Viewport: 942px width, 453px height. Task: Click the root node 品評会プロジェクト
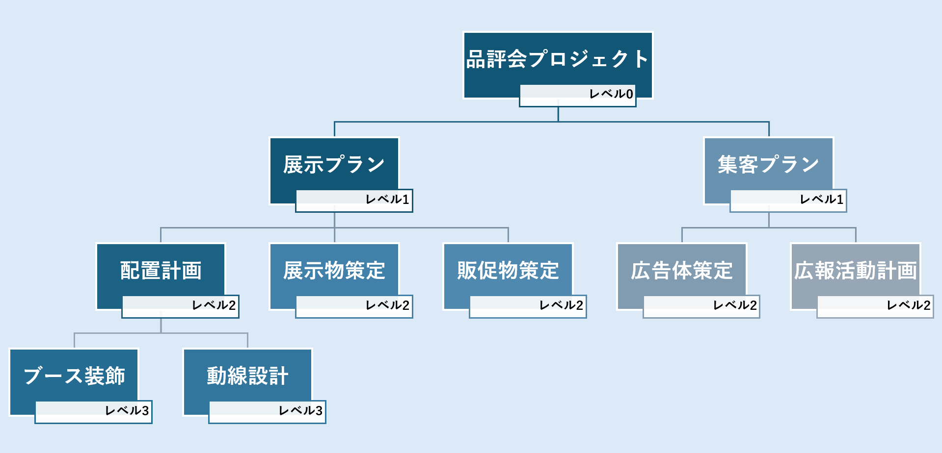coord(558,59)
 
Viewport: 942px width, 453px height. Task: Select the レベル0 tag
coord(578,95)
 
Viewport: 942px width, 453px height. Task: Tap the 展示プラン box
coord(334,164)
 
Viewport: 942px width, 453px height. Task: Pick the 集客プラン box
coord(768,164)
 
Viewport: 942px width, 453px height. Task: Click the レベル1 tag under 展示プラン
coord(354,201)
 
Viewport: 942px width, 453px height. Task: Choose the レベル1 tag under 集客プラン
coord(788,201)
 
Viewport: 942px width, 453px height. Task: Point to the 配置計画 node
coord(161,270)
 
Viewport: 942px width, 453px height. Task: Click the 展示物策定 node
coord(334,270)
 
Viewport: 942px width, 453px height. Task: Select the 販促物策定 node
coord(508,270)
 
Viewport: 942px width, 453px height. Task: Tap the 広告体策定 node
coord(682,270)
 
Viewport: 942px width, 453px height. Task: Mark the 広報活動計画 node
coord(856,270)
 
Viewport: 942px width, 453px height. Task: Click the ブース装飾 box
coord(74,376)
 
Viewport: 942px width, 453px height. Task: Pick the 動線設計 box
coord(247,376)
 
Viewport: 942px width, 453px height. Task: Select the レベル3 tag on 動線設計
coord(267,412)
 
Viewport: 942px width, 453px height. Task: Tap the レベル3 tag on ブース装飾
coord(93,412)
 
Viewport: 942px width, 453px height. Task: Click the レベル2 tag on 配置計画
coord(180,306)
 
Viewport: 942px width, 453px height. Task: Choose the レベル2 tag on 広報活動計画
coord(875,306)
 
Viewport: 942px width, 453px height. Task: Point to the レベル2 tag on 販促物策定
coord(528,306)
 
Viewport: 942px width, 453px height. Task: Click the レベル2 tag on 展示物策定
coord(354,306)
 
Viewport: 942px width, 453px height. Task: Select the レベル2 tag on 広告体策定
coord(701,306)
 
